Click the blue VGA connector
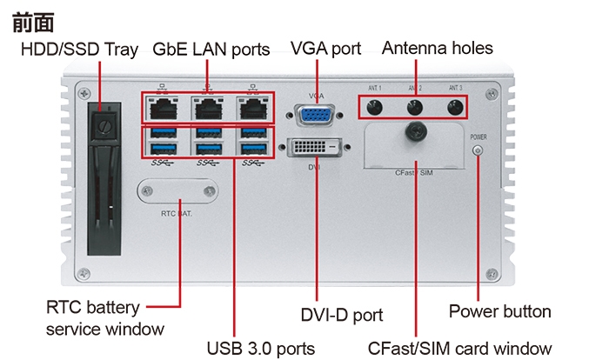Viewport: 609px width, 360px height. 313,117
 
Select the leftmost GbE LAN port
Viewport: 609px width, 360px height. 162,109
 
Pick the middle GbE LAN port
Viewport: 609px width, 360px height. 207,109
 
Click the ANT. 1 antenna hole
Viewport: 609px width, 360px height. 374,108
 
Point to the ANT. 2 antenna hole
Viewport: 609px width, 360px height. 415,108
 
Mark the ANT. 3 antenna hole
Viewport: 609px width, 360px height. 454,108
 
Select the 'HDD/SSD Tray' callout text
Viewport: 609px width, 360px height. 79,50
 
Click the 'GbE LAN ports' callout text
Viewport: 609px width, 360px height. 211,50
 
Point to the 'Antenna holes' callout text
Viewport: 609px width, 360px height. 437,48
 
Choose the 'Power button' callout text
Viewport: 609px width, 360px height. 499,311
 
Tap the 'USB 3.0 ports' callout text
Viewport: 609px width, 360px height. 260,348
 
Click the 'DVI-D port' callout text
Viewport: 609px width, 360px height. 342,315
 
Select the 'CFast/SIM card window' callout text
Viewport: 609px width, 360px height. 459,348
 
